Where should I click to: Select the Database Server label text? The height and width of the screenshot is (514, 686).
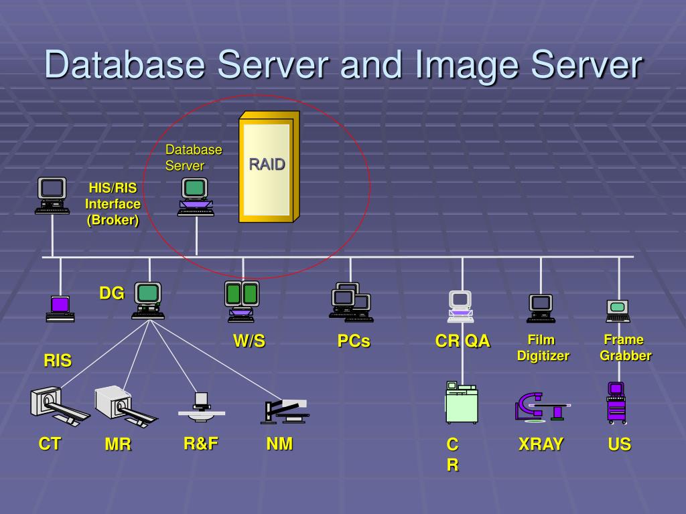coord(193,157)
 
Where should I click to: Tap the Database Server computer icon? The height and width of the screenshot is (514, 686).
coord(196,197)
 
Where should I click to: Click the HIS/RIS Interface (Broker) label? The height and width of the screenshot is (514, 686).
coord(113,204)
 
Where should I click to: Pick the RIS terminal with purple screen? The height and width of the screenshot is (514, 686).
coord(60,308)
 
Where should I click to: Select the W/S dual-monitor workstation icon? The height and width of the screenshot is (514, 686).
coord(242,301)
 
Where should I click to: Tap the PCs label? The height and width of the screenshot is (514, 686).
coord(354,341)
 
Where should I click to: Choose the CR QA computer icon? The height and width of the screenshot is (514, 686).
coord(461,307)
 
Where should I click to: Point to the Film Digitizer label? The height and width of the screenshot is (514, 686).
coord(543,348)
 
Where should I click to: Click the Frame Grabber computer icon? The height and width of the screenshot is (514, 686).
coord(618,311)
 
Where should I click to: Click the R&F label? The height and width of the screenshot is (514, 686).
coord(201,443)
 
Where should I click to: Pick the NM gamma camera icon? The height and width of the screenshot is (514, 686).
coord(285,410)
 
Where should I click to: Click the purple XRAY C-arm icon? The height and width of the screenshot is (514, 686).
coord(541,406)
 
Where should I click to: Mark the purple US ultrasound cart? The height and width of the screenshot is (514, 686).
coord(617,402)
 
